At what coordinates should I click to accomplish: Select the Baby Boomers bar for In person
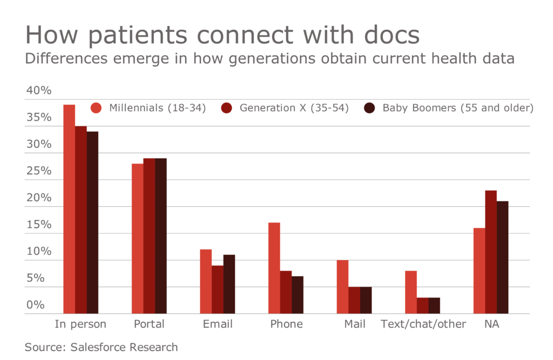(92, 222)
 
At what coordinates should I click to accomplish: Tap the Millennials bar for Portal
(138, 239)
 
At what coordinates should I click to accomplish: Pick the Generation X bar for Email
(217, 289)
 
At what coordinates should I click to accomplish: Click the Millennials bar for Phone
(274, 268)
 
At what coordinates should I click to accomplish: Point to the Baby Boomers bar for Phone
(297, 295)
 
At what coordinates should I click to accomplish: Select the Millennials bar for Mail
(342, 287)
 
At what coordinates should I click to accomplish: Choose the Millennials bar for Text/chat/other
(410, 292)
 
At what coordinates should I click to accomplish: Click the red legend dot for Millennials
(97, 108)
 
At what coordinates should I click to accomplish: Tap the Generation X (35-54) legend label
(294, 108)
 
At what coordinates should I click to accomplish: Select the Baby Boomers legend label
(458, 108)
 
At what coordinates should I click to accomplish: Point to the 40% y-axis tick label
(38, 91)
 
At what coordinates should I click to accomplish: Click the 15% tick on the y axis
(38, 225)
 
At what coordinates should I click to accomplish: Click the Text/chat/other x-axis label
(423, 324)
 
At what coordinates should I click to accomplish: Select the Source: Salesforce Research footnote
(101, 347)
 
